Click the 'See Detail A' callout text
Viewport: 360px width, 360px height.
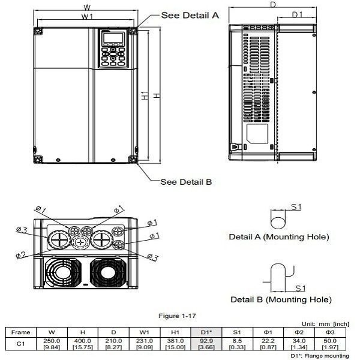[x=190, y=16]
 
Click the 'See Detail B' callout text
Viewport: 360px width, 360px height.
[x=186, y=181]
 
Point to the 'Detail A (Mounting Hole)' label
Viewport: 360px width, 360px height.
[x=279, y=237]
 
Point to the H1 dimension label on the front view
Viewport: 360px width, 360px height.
[x=145, y=98]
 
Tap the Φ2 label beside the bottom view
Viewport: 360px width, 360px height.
[x=20, y=254]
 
